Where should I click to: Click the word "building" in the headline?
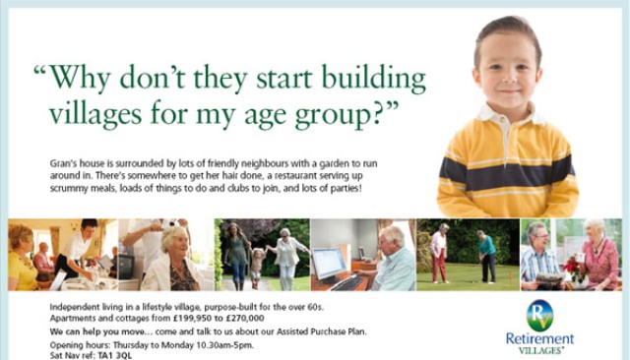(x=367, y=79)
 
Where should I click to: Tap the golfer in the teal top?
(x=485, y=256)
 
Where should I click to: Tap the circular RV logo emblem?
(x=538, y=314)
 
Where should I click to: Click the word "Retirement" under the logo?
(x=537, y=338)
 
